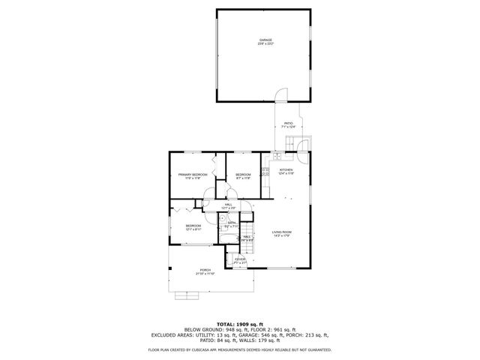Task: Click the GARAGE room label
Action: pyautogui.click(x=266, y=40)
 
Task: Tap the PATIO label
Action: pyautogui.click(x=288, y=124)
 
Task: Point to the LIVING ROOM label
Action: pyautogui.click(x=281, y=232)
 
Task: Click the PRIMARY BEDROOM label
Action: pyautogui.click(x=193, y=175)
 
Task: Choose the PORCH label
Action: pyautogui.click(x=205, y=270)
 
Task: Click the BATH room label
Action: pyautogui.click(x=232, y=223)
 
